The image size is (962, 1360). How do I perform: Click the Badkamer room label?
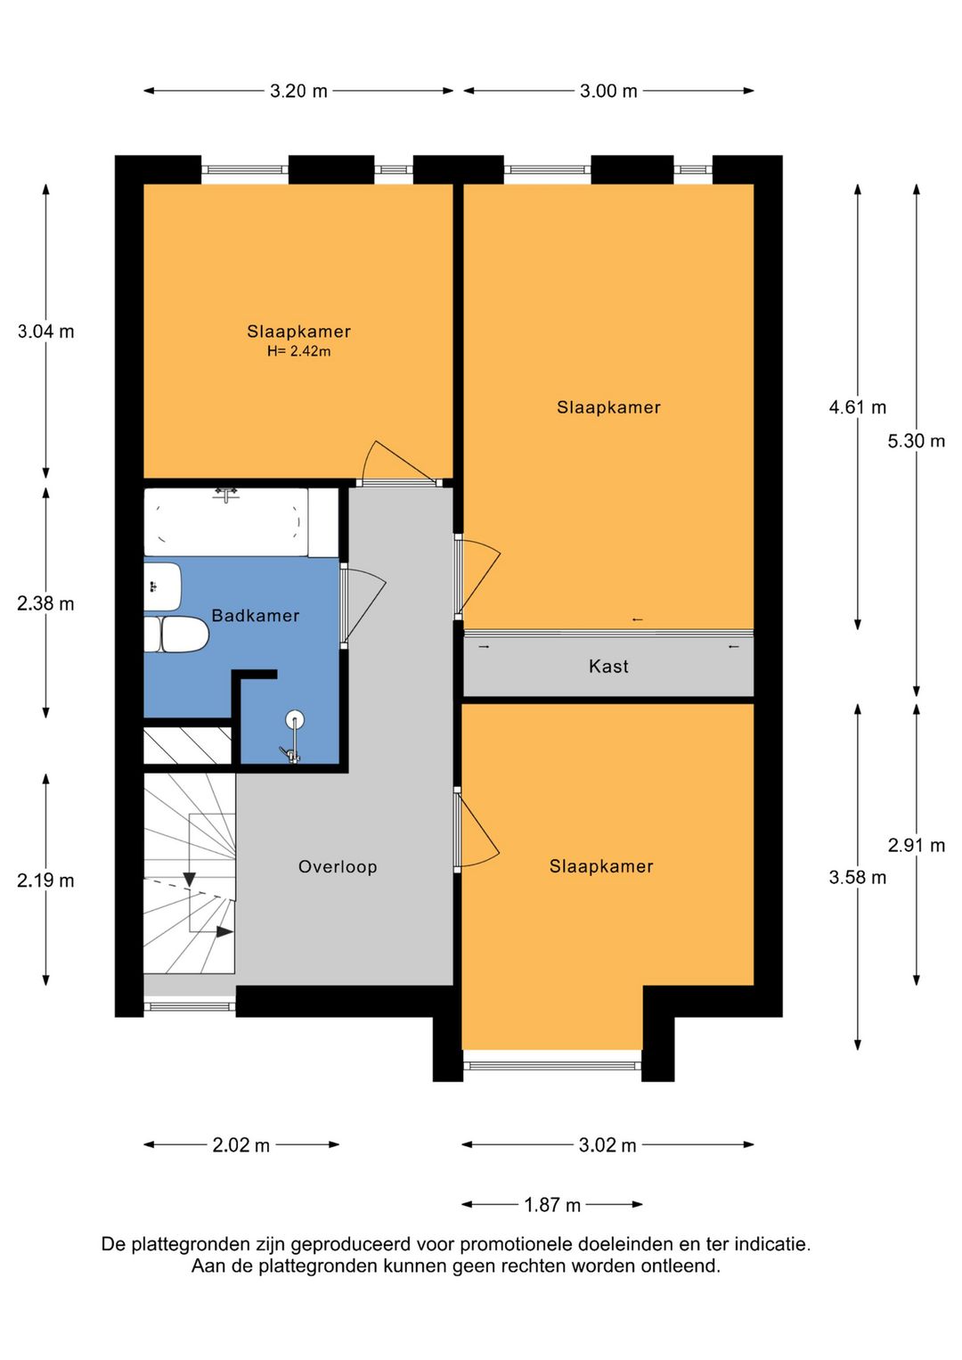(256, 616)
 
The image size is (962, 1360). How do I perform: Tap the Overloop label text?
(338, 866)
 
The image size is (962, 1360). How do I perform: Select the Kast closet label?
(608, 666)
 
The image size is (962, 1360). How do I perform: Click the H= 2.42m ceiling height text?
(298, 351)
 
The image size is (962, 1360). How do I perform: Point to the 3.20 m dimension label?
(298, 91)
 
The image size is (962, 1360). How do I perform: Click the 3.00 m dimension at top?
(608, 91)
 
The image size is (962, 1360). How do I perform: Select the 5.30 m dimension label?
(916, 441)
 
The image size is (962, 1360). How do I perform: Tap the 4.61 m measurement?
(857, 406)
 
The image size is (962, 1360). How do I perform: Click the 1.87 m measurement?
(552, 1205)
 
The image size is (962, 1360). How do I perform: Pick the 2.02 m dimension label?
(241, 1145)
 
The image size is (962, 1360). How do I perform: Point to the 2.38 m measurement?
(45, 603)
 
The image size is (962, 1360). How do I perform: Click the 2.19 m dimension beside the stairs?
(45, 881)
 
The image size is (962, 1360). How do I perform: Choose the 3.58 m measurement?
(857, 877)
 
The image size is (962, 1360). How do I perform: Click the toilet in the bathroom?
(176, 635)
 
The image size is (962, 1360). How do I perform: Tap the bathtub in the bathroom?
(225, 522)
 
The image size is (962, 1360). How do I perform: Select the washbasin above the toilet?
(162, 586)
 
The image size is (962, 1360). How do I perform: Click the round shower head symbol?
(295, 720)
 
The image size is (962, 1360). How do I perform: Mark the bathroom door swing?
(363, 607)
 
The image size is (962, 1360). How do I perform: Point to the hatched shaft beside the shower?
(188, 745)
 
